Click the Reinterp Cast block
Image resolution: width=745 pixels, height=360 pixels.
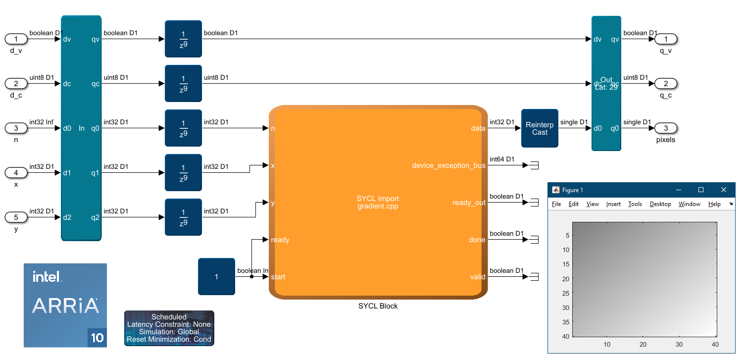(x=540, y=128)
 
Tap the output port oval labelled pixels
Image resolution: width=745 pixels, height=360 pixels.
(x=666, y=128)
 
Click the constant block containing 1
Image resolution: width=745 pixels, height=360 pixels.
(x=216, y=276)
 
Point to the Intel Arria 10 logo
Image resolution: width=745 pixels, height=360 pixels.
(x=65, y=305)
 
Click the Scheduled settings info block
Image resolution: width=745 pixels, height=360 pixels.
(x=169, y=328)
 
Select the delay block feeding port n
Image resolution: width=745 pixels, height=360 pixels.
(x=183, y=128)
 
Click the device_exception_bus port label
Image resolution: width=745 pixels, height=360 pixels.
(x=448, y=165)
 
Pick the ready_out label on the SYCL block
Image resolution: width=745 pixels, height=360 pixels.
(x=469, y=203)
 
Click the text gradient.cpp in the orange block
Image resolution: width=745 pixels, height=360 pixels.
(x=378, y=206)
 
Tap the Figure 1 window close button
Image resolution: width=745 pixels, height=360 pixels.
(x=724, y=190)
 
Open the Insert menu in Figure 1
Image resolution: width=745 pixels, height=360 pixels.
(x=613, y=204)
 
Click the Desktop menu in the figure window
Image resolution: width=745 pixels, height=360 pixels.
(x=660, y=204)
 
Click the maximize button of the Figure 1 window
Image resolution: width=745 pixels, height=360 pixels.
(x=701, y=190)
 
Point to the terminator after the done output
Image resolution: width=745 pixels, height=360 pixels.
(x=534, y=240)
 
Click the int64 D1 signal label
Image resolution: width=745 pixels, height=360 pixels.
(x=502, y=159)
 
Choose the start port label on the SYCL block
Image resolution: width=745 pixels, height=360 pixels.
(x=278, y=277)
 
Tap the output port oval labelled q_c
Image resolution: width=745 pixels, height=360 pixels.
(x=666, y=84)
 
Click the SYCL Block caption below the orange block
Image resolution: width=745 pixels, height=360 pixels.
(x=378, y=306)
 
